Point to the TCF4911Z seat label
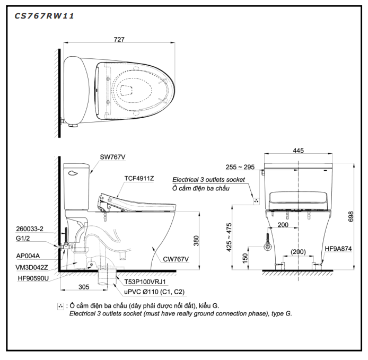pos(139,179)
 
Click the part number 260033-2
pos(30,229)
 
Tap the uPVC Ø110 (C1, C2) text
pos(154,292)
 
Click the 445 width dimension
pos(298,151)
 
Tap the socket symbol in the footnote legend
pos(60,306)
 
